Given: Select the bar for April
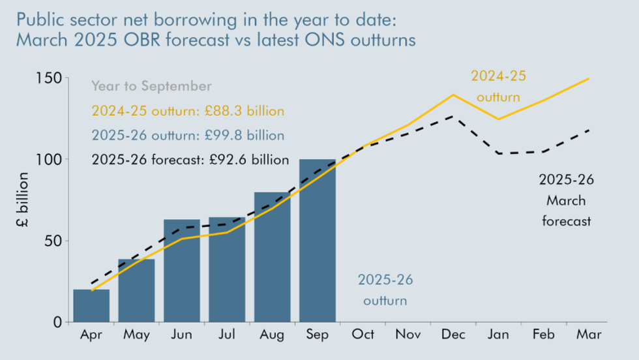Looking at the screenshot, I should [x=91, y=305].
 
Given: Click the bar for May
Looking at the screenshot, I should [x=136, y=290].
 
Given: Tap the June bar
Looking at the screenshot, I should [x=182, y=271].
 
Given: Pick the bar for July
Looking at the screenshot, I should [x=227, y=269].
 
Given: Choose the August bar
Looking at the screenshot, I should [x=272, y=257].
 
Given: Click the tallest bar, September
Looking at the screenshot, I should [x=318, y=241].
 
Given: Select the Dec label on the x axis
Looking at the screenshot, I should [x=453, y=335].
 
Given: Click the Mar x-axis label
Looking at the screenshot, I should [x=589, y=335].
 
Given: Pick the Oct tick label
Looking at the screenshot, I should [x=363, y=335].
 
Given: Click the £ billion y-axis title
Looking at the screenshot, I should [x=22, y=200].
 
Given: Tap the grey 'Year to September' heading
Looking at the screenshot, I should [x=151, y=86].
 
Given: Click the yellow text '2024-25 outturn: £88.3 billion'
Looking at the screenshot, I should [x=188, y=111].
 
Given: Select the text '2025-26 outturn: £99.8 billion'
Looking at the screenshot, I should [x=188, y=136].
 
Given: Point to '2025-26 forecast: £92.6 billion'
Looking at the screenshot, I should [x=190, y=160].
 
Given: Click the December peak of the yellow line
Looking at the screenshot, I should [x=453, y=95].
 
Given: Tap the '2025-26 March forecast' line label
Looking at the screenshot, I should [x=566, y=200].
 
